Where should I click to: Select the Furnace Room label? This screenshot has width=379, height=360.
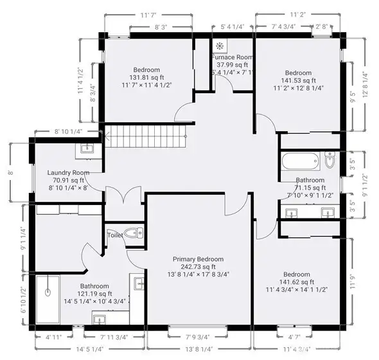pyautogui.click(x=233, y=57)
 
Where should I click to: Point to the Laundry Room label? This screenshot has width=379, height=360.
pyautogui.click(x=67, y=172)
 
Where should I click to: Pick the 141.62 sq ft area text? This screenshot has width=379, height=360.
pyautogui.click(x=298, y=281)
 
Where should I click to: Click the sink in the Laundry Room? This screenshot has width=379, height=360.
pyautogui.click(x=87, y=149)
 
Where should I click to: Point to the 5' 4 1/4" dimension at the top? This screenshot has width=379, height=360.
pyautogui.click(x=233, y=27)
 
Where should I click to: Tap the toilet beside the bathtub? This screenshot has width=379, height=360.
pyautogui.click(x=330, y=159)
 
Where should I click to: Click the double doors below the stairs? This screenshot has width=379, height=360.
pyautogui.click(x=125, y=195)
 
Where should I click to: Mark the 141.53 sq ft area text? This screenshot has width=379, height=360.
pyautogui.click(x=298, y=80)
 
